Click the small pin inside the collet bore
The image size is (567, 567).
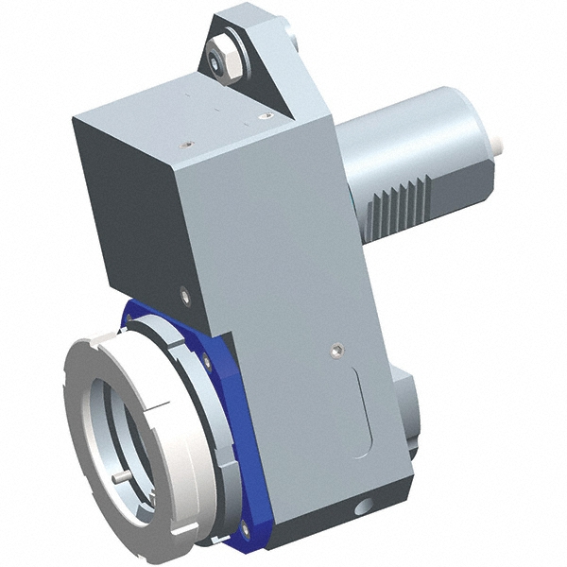coord(121,477)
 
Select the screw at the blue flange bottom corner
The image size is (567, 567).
coord(245,530)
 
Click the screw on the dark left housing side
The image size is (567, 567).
coord(186,297)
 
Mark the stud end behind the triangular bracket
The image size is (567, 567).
coord(292,42)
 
